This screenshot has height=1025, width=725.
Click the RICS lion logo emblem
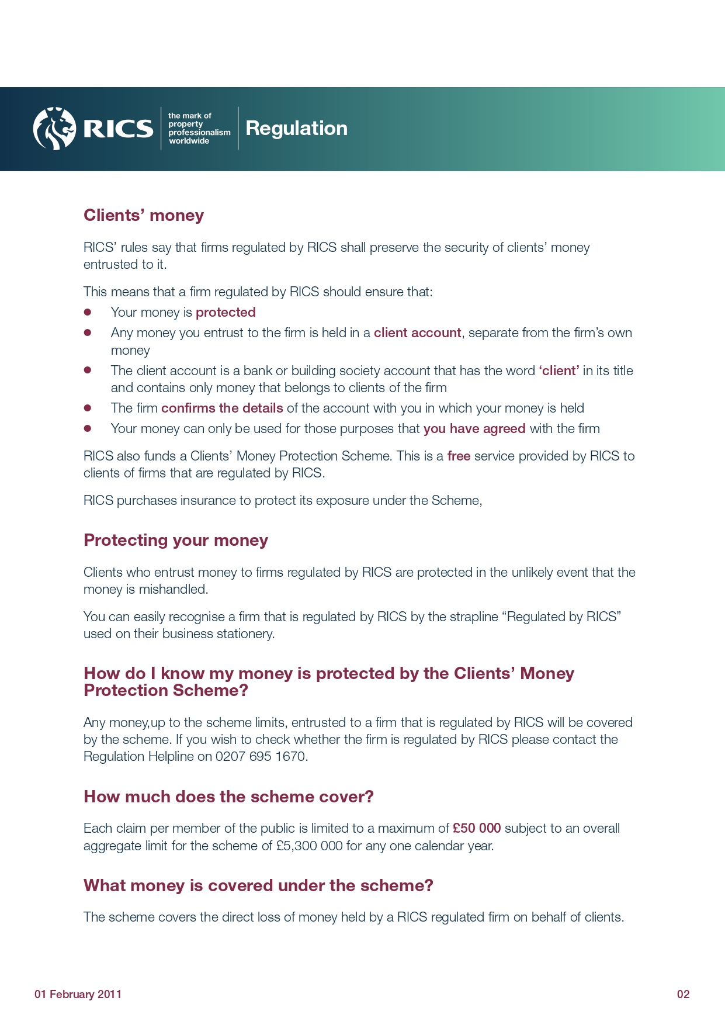[54, 129]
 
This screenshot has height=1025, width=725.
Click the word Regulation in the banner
[296, 129]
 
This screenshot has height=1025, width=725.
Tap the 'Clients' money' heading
[144, 216]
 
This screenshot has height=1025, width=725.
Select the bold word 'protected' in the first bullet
[226, 313]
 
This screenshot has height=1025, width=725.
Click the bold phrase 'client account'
[417, 333]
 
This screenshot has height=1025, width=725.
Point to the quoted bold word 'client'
[559, 371]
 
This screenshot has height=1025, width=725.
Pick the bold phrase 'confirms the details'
[222, 408]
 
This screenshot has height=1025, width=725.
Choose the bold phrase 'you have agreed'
[474, 429]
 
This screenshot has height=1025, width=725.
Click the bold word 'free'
[459, 456]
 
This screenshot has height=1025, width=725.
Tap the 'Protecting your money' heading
[176, 541]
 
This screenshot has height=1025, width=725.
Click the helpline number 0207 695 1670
[261, 757]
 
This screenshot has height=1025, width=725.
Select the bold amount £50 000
[477, 829]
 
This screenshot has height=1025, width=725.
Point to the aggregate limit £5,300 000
[309, 846]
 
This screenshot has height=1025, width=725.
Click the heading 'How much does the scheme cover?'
[228, 797]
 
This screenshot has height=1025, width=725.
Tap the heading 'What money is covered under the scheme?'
[258, 886]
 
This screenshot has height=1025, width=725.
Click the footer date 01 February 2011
[78, 995]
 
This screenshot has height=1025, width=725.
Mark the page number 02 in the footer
[683, 995]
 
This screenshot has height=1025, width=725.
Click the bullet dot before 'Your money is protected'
[88, 313]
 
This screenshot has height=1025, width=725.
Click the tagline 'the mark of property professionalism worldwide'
[199, 129]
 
